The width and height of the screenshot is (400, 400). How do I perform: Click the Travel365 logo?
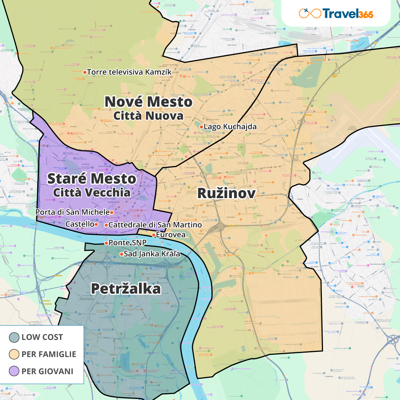point(336,14)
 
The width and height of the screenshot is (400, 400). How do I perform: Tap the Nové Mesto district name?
point(149,102)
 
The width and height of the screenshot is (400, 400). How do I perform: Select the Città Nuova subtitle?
point(148,116)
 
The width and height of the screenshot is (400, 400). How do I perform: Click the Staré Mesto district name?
point(92,179)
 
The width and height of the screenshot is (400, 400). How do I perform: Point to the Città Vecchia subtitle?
point(92,193)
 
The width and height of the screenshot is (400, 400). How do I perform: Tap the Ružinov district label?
point(226,193)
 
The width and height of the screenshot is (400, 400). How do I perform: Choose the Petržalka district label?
point(126,289)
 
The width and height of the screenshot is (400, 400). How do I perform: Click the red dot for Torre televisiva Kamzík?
point(85,72)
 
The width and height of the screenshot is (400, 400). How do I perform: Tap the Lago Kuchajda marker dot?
point(201,127)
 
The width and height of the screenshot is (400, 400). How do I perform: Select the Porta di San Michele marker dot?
point(111,213)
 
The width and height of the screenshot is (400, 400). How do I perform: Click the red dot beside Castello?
point(96,224)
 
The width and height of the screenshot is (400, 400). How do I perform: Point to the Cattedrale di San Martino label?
point(155,225)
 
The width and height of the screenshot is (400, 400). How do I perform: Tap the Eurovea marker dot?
point(154,235)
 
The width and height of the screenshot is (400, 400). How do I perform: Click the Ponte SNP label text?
point(128,243)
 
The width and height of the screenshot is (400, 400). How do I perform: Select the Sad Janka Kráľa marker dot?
point(121,254)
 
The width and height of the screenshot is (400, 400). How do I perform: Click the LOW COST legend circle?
point(14,337)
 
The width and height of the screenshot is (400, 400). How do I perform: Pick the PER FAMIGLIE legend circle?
point(14,354)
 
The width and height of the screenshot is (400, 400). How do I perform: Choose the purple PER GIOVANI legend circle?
point(14,371)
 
